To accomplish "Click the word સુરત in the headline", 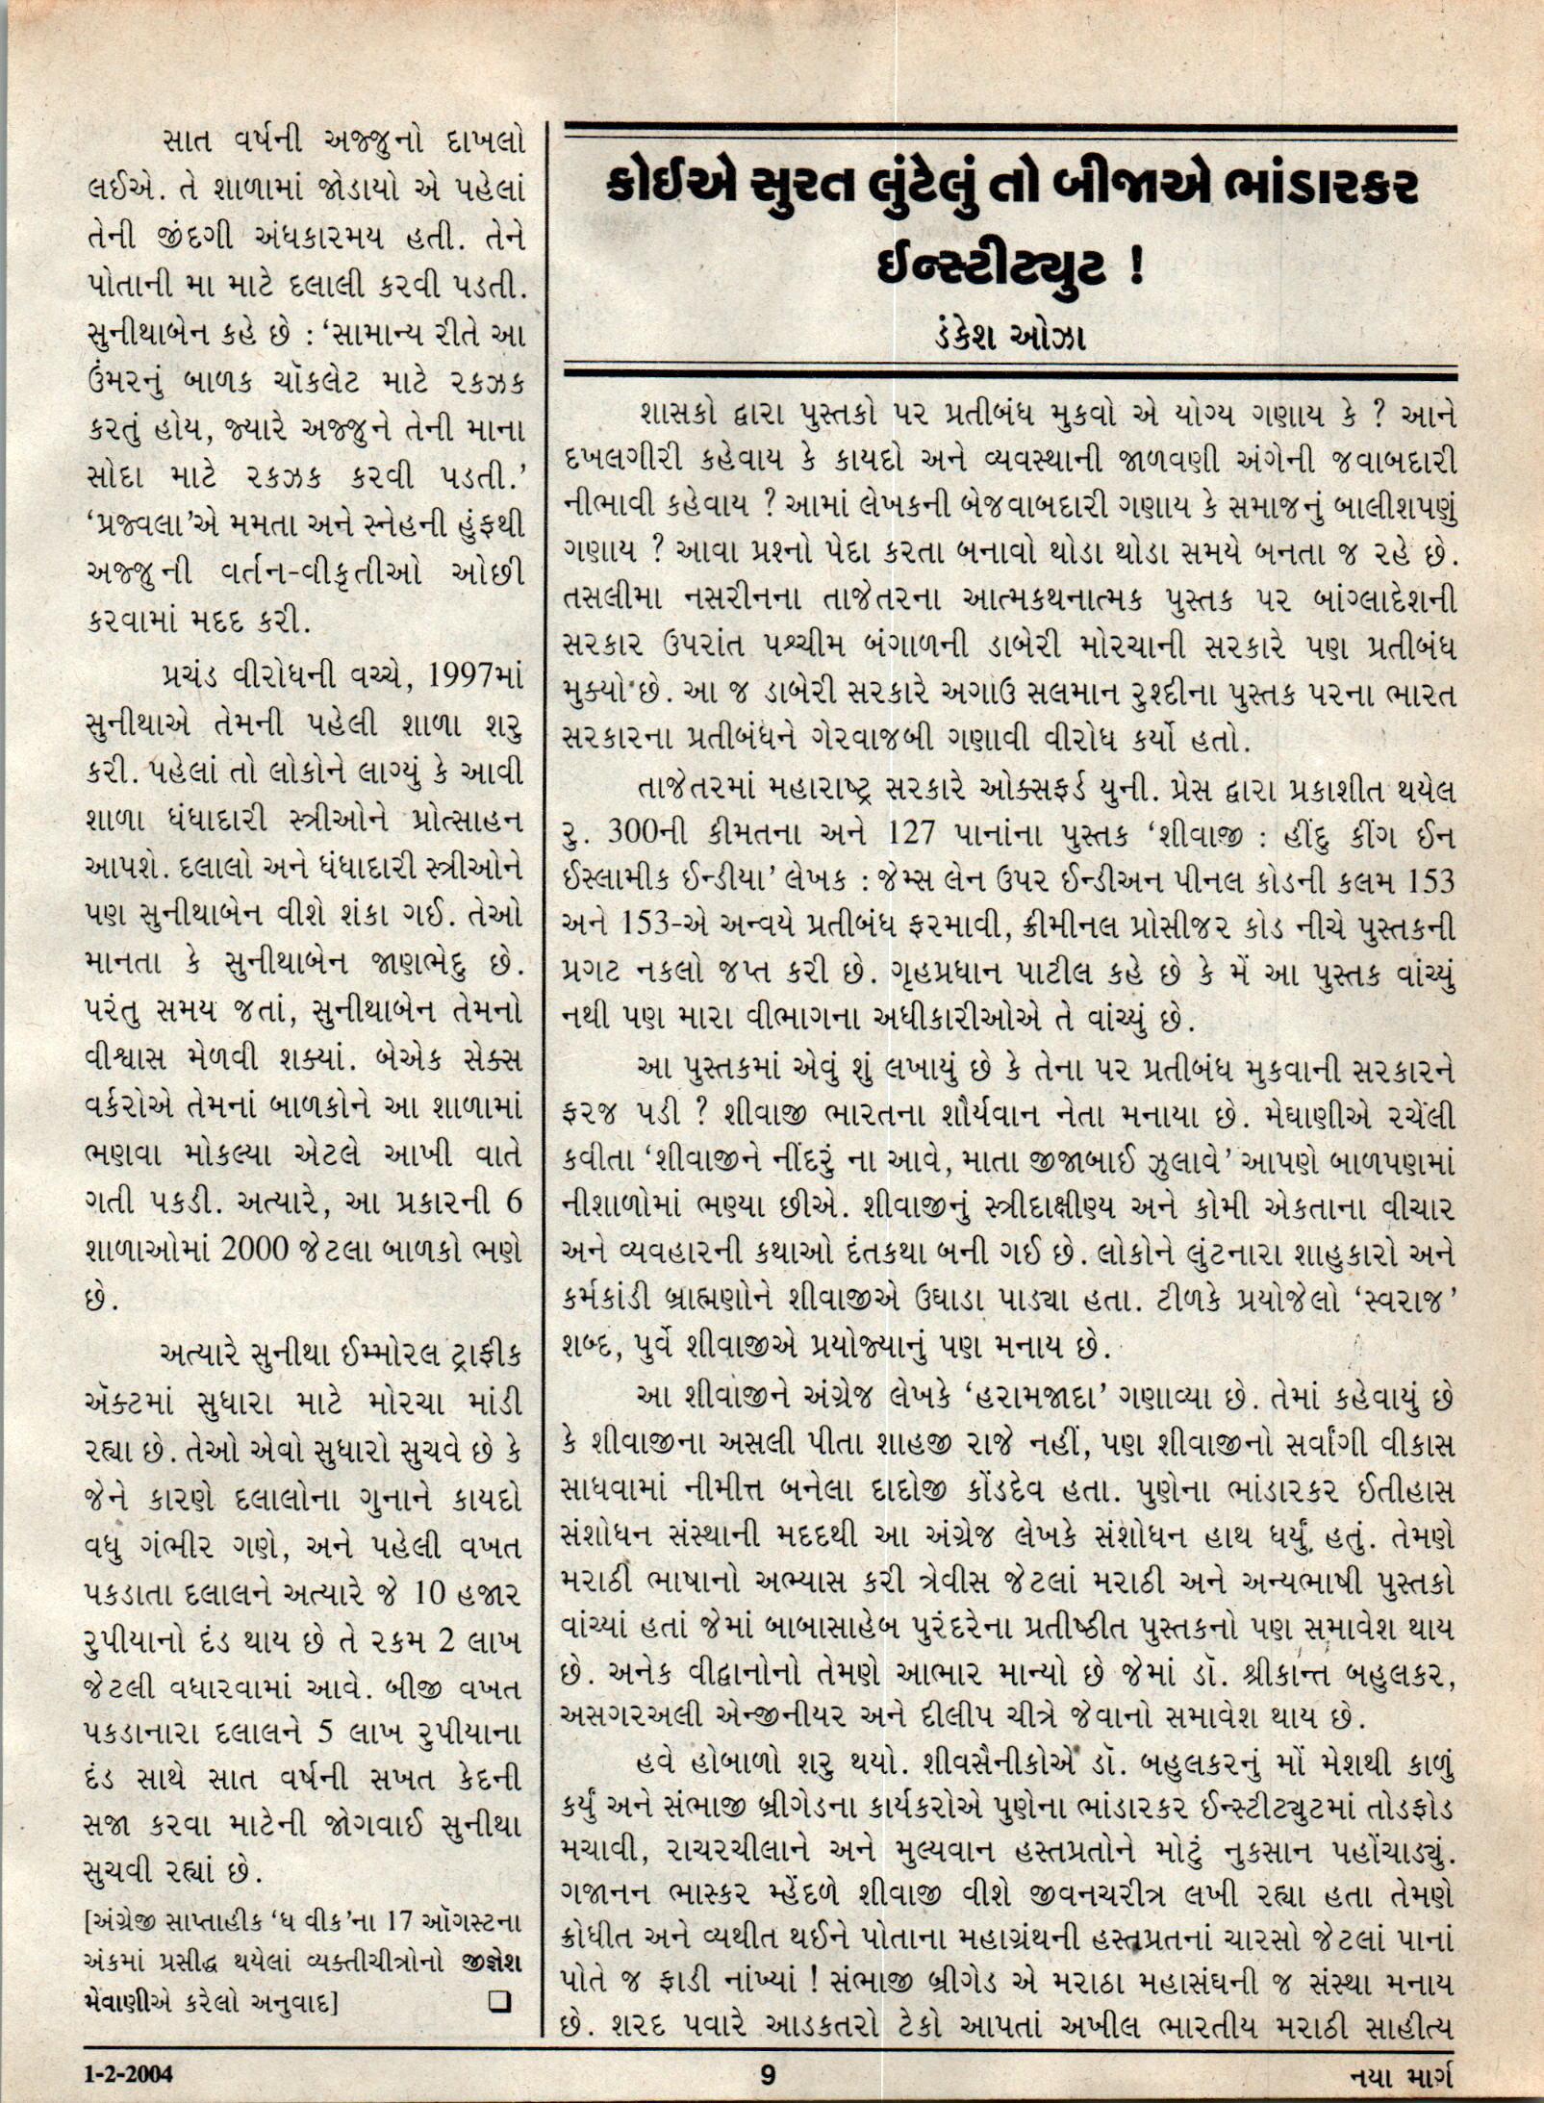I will (x=790, y=189).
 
